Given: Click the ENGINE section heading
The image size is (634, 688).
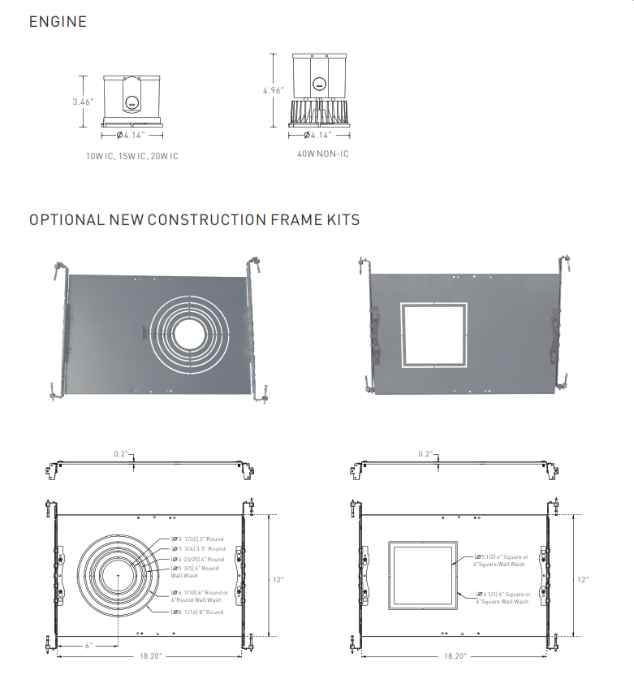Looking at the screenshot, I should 58,22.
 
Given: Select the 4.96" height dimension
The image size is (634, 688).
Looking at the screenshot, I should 273,90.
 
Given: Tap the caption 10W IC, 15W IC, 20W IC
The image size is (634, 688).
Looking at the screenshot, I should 132,156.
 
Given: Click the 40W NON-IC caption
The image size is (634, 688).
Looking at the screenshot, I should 324,153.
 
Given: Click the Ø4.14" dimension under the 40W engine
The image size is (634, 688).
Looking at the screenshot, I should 323,135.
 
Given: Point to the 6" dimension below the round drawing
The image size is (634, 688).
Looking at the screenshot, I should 88,645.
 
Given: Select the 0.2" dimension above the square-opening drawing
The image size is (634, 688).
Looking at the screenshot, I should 425,453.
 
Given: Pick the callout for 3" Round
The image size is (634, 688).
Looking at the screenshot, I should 198,539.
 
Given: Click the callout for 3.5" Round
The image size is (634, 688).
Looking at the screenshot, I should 198,549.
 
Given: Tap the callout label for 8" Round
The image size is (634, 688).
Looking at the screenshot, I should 197,612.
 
